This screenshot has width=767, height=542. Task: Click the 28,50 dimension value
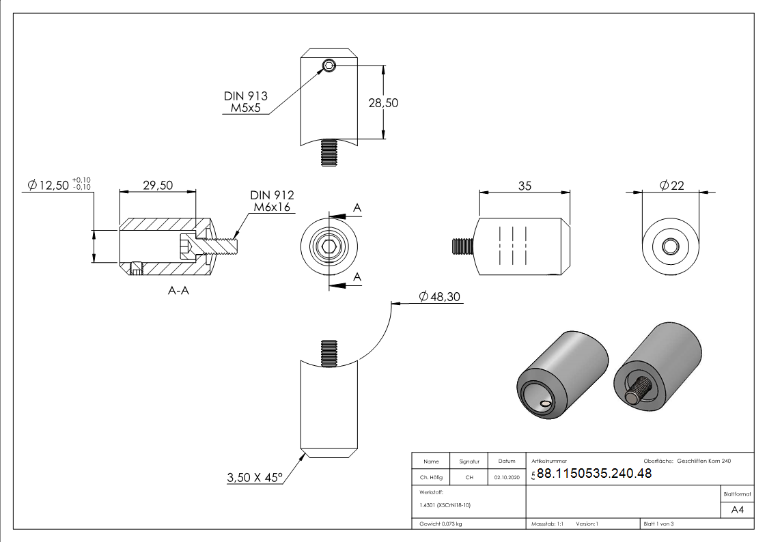tap(382, 103)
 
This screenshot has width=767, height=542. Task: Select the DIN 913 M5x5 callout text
tap(246, 102)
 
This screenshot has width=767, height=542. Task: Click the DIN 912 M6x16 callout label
tap(272, 201)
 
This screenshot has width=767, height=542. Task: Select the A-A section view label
tap(178, 291)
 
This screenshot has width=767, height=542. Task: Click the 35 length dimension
tap(525, 186)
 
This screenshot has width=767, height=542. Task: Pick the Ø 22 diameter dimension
tap(672, 186)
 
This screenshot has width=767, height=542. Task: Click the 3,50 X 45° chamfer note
tap(255, 478)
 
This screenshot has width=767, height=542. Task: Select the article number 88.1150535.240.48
tap(594, 474)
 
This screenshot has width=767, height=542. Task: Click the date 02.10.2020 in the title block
tap(507, 478)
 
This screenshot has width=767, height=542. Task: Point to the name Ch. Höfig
tap(431, 478)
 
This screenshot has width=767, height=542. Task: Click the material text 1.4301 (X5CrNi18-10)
tap(446, 505)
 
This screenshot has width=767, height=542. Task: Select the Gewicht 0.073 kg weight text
tap(441, 524)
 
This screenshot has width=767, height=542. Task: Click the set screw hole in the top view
tap(329, 66)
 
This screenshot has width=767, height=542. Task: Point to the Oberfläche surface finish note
tap(687, 461)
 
